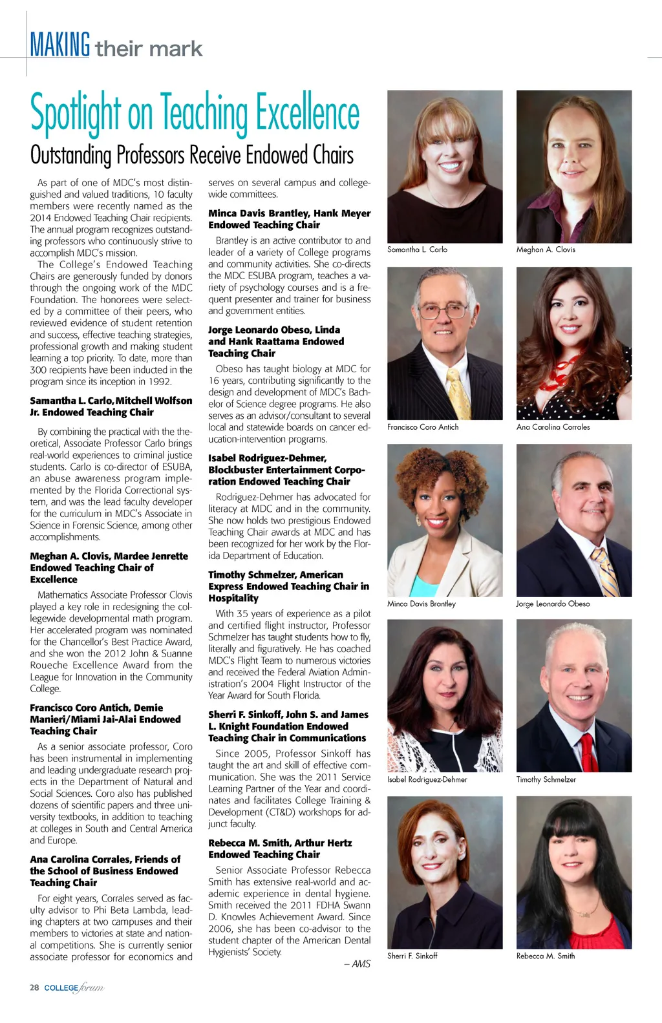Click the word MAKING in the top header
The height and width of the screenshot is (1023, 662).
[59, 45]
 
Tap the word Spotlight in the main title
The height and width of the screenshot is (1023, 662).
[76, 113]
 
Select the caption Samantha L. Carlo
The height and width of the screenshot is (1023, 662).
[417, 249]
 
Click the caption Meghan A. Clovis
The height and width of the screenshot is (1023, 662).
[546, 249]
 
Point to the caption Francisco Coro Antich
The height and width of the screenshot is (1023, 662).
[423, 427]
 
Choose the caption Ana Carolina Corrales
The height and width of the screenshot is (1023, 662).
[553, 427]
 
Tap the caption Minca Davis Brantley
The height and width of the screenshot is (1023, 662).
[422, 604]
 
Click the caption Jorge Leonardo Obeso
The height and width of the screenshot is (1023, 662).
[553, 604]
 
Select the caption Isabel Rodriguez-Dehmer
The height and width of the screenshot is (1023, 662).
[427, 780]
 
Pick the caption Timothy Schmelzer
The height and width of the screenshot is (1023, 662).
[546, 780]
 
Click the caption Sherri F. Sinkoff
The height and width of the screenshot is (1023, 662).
[412, 956]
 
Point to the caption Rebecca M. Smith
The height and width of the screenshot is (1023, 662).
[546, 956]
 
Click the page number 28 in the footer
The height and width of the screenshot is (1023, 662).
[34, 987]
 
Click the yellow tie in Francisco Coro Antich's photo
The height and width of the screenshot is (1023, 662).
[460, 394]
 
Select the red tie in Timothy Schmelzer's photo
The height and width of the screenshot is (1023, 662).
[588, 753]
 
